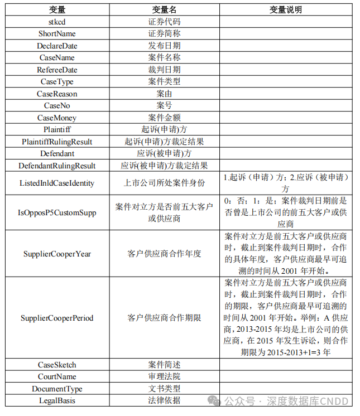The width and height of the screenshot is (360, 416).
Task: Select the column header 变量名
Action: pos(164,10)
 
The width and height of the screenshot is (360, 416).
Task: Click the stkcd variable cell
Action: pos(57,22)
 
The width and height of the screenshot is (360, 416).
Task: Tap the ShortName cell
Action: pos(57,33)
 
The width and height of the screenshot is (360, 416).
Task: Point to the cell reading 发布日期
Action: pos(164,46)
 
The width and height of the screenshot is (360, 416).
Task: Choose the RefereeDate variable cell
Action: pos(57,70)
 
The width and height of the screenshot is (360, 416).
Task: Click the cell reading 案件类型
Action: pos(164,81)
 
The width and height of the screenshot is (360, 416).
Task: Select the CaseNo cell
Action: pos(57,105)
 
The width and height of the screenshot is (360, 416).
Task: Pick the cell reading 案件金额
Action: pos(164,118)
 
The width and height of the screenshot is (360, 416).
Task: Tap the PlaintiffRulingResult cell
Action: pos(57,142)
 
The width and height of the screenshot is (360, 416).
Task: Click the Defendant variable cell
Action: pos(57,153)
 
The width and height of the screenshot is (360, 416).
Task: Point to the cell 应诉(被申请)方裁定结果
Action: pos(164,166)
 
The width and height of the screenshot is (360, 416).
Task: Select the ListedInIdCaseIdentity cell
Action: pos(57,183)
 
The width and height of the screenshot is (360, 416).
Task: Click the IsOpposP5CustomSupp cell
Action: pos(57,212)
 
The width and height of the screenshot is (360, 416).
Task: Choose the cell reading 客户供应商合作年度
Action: pos(164,254)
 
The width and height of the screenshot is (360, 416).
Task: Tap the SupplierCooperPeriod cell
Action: pos(57,318)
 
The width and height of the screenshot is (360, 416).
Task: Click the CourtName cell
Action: pos(57,377)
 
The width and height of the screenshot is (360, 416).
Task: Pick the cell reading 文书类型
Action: pos(164,389)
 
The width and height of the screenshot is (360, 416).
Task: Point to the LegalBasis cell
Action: pos(57,400)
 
